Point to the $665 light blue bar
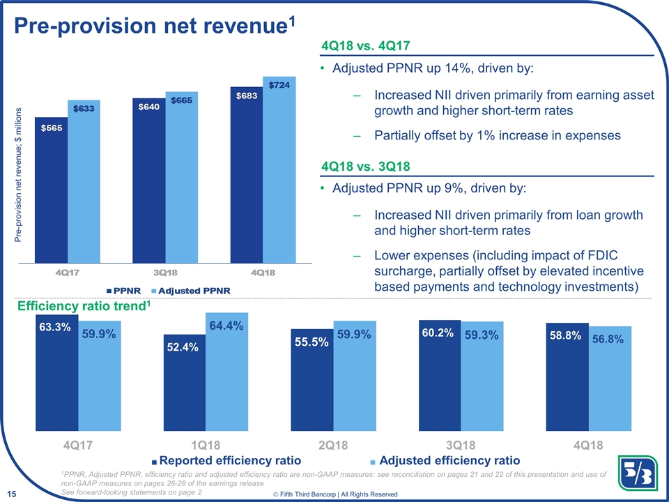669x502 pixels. point(182,177)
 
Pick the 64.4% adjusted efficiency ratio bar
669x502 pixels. point(226,370)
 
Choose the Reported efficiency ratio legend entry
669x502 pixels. point(226,460)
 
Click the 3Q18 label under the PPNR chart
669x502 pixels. point(165,273)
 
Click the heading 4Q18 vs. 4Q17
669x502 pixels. point(365,46)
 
